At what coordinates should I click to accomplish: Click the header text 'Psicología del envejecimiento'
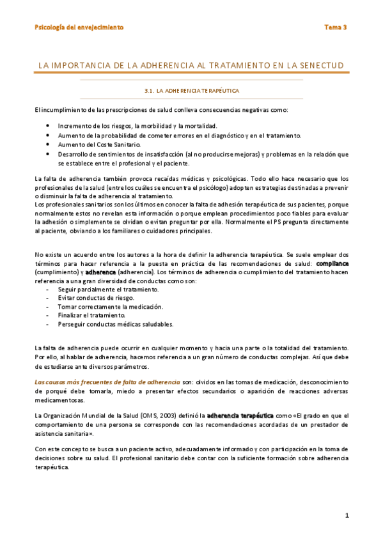point(79,27)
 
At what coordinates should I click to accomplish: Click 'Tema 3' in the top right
point(335,27)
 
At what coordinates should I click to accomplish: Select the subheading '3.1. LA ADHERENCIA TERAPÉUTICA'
point(192,91)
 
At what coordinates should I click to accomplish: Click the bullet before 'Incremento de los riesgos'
point(48,126)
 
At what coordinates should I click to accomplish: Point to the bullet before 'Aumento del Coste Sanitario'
point(48,144)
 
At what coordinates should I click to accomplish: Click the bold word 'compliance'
point(332,263)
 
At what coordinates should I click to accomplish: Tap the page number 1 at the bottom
point(346,515)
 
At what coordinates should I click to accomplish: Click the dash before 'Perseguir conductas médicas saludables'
point(49,324)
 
